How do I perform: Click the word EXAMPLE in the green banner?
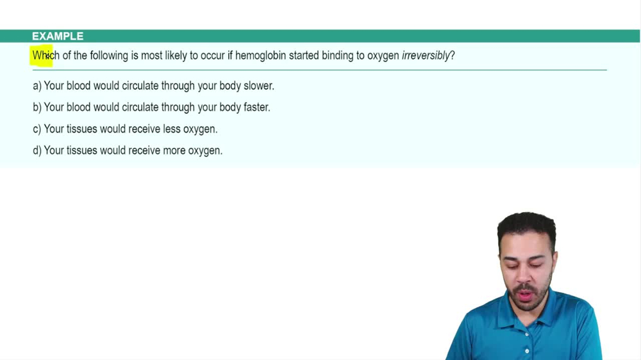[58, 37]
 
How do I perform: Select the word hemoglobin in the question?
[260, 56]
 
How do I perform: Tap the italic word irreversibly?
[426, 56]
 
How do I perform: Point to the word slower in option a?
[258, 86]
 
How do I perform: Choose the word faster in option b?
[256, 108]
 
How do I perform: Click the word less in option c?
[172, 129]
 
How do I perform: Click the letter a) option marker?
[37, 86]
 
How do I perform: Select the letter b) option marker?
[37, 108]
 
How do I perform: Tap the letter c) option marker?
[37, 129]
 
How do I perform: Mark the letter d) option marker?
[37, 151]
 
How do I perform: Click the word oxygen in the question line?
[383, 56]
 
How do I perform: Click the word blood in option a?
[78, 86]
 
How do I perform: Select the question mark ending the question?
[453, 56]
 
